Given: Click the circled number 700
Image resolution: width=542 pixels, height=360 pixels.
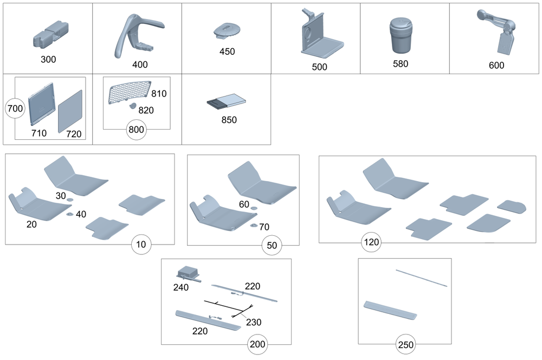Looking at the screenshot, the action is tap(15, 108).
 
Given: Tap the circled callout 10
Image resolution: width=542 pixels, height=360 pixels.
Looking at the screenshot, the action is tap(141, 245).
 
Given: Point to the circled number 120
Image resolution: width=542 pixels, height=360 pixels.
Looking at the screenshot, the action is tap(372, 242).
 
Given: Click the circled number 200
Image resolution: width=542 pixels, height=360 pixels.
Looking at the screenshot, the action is tap(258, 344).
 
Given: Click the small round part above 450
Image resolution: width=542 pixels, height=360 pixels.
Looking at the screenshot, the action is tap(226, 29).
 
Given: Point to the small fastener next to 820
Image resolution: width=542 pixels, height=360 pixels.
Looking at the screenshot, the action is tap(131, 106).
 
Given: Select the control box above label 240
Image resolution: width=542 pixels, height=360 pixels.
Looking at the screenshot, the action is tap(189, 273).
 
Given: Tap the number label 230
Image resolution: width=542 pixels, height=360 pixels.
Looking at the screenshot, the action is tap(253, 322).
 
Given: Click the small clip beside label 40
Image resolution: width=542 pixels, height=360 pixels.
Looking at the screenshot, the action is tap(70, 215).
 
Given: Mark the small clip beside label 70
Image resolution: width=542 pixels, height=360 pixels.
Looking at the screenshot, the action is tap(253, 225).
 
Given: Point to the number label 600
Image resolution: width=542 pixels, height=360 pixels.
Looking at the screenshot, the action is tap(496, 66).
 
